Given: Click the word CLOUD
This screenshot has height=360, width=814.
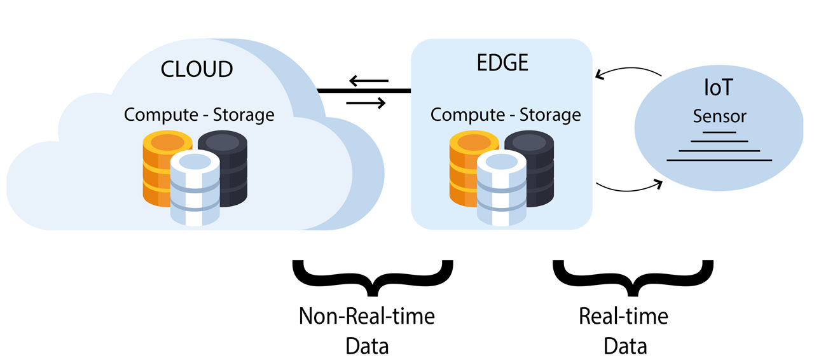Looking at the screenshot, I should coord(197,69).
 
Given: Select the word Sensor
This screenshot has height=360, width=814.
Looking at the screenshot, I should coord(719,117).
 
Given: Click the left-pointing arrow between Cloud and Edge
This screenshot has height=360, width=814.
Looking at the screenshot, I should coord(369,81).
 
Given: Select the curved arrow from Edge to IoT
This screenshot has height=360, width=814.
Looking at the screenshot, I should coord(630,188).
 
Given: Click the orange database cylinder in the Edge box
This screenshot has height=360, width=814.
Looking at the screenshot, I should coord(467,167).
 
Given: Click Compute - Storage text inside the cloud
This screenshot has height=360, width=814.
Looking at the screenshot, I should coord(199,115).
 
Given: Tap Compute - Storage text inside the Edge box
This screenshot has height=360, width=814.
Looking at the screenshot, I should coord(506,115).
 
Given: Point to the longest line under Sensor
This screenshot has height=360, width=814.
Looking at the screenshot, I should coord(719,160).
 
